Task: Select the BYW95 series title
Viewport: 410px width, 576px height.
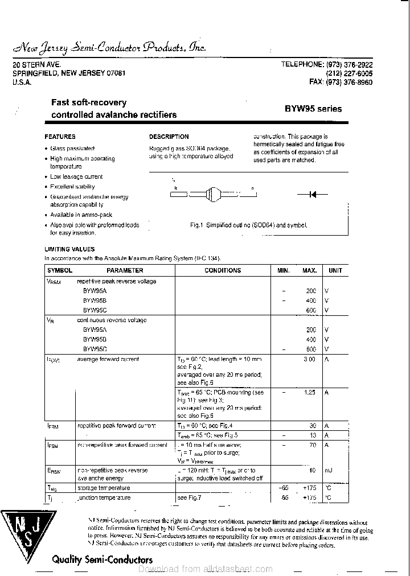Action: [x=313, y=109]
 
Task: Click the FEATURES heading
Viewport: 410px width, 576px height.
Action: [x=60, y=137]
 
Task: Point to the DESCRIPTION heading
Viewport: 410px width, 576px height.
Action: [x=169, y=137]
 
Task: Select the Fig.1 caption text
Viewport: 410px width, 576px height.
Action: [x=248, y=225]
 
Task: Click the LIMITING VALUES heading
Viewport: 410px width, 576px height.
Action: [x=69, y=249]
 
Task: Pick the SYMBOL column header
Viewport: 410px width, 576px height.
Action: [x=59, y=270]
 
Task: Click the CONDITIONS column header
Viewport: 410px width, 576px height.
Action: [x=223, y=270]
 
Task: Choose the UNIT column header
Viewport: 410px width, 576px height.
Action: [x=335, y=270]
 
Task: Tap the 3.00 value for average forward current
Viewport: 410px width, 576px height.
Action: [x=309, y=359]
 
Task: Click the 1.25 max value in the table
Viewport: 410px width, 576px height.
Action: [x=310, y=392]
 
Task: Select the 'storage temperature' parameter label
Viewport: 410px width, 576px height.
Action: [x=104, y=488]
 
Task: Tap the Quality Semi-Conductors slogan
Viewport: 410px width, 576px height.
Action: [x=102, y=559]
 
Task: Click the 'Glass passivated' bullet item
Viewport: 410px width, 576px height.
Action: [x=72, y=148]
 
